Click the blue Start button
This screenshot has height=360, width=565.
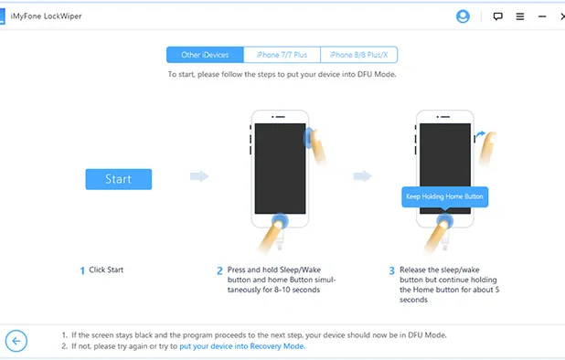pyautogui.click(x=118, y=178)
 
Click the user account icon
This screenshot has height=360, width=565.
pyautogui.click(x=463, y=16)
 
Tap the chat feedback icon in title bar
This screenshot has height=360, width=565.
pyautogui.click(x=498, y=16)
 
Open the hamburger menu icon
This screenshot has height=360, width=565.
pyautogui.click(x=520, y=16)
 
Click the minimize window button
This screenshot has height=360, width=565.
pyautogui.click(x=543, y=16)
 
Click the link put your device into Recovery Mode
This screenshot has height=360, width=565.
pyautogui.click(x=242, y=346)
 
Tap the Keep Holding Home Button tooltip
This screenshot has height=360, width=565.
pyautogui.click(x=446, y=196)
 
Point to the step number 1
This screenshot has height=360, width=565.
pyautogui.click(x=82, y=270)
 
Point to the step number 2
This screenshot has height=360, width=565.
pyautogui.click(x=219, y=270)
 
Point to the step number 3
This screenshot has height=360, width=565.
pyautogui.click(x=391, y=270)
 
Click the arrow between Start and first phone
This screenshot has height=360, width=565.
pyautogui.click(x=198, y=176)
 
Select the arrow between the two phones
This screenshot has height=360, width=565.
pyautogui.click(x=363, y=176)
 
